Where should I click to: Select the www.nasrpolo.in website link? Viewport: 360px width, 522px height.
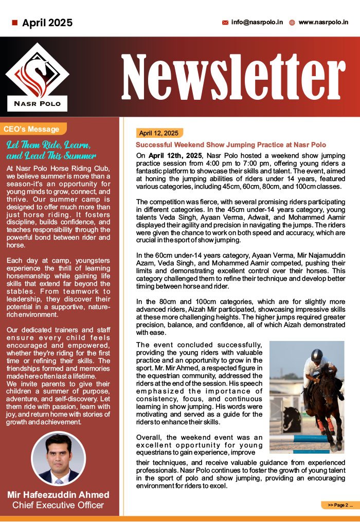pos(323,23)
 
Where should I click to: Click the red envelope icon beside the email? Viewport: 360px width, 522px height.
pos(225,23)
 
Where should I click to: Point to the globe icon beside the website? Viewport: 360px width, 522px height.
pos(292,23)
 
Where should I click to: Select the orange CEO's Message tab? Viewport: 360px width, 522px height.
pos(31,129)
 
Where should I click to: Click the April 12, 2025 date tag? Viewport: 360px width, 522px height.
pos(158,133)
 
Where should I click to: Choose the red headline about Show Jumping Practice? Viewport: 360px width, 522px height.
pos(231,145)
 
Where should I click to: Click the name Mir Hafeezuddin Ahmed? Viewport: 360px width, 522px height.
pos(58,495)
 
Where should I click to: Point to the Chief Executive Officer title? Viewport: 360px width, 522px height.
pos(58,505)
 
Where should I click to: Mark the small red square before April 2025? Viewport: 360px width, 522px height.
pos(14,23)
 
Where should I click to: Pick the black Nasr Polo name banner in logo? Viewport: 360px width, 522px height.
pos(37,103)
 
